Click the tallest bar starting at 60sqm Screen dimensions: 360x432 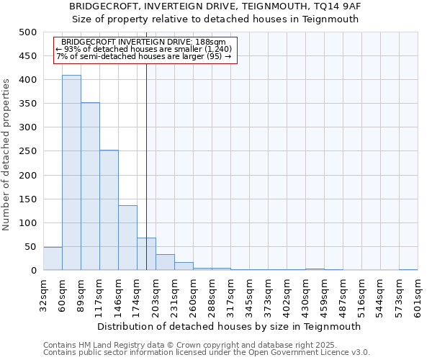pos(71,173)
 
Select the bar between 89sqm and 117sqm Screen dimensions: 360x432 pos(90,186)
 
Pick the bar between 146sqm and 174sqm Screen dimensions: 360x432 pos(127,238)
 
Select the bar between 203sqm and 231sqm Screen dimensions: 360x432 pos(165,263)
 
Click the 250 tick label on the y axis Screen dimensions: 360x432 pos(27,151)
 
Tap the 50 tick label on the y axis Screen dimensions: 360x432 pos(30,247)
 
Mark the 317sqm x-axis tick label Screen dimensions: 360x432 pos(230,295)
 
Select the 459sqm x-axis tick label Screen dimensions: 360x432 pos(324,295)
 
